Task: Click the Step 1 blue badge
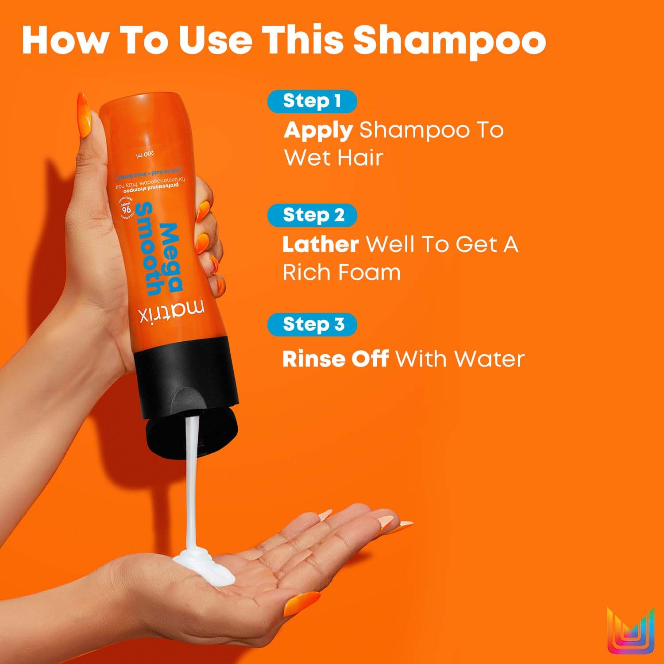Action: tap(312, 101)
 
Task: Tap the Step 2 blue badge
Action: tap(313, 215)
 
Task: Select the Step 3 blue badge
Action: tap(313, 324)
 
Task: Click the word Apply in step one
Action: tap(318, 130)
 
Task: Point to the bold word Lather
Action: tap(320, 244)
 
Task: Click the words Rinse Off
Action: tap(336, 359)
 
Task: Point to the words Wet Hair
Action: tap(333, 158)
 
